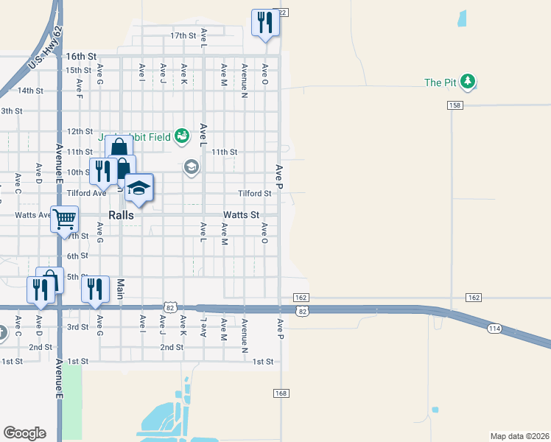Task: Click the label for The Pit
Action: point(442,83)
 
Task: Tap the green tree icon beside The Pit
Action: point(468,82)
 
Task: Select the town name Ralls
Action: point(121,215)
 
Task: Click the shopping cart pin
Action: point(65,217)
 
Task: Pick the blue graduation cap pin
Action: point(138,189)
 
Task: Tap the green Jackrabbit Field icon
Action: point(183,136)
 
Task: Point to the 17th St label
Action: point(183,35)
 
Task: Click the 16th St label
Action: point(81,56)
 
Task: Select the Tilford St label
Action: point(255,194)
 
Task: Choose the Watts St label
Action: point(241,215)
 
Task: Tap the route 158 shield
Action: point(454,105)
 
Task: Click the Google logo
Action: point(25,433)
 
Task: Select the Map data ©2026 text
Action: point(519,436)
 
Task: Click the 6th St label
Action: point(77,256)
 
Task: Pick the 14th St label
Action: point(31,91)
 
